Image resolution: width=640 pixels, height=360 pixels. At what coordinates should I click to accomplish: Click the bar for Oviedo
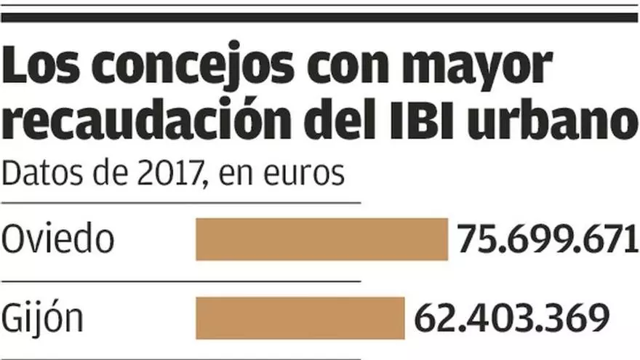coord(321,239)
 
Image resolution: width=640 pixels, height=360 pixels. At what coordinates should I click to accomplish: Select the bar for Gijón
coord(300,318)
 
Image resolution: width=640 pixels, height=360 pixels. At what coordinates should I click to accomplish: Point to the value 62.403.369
coord(511,319)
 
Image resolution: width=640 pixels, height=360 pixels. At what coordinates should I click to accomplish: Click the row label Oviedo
coord(58,239)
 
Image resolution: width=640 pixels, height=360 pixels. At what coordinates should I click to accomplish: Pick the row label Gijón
coord(43,319)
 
